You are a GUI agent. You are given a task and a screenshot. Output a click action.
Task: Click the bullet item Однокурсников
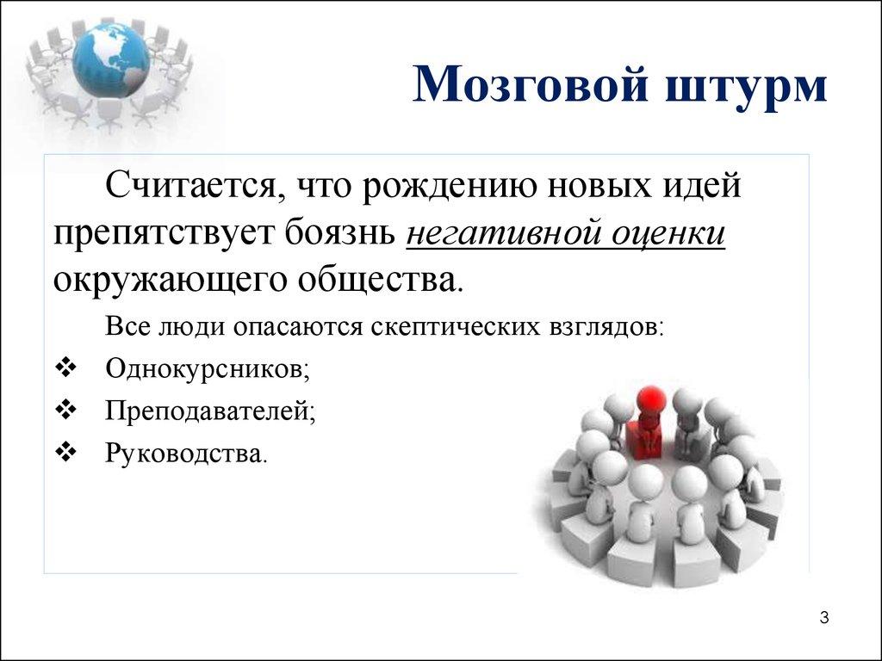(207, 369)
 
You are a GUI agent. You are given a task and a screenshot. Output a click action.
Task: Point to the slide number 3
(824, 618)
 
